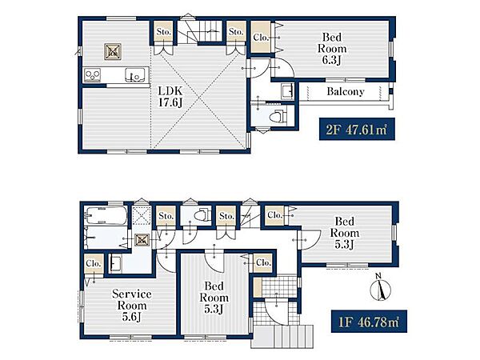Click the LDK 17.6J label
pos(170,97)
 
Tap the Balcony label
pos(346,91)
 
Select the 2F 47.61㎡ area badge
pos(357,129)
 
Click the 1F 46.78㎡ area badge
pos(369,322)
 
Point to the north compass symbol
pos(380,288)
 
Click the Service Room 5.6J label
pos(132,306)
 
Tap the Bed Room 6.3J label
pos(332,49)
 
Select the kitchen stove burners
pos(93,74)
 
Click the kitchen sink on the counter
pos(134,75)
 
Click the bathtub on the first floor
pos(106,215)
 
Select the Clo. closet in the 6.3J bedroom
pos(261,37)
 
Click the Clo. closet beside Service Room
pos(94,264)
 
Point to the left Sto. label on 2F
pos(164,31)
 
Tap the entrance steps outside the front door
pos(282,336)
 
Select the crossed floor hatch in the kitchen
pos(113,51)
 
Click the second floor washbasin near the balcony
pos(287,91)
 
